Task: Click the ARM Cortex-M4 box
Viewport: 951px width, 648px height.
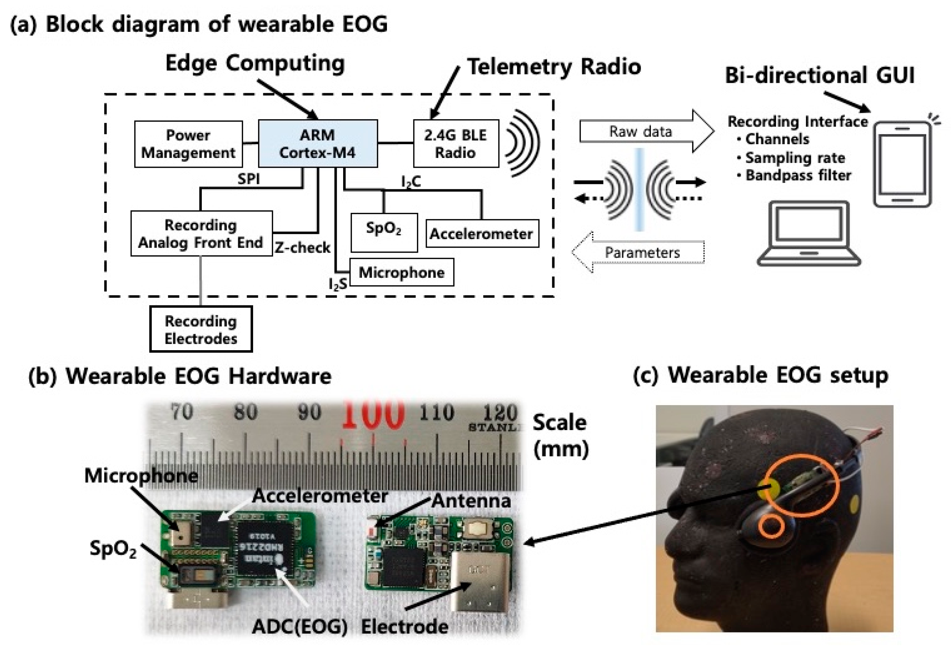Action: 317,143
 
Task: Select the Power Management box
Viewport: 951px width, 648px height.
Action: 188,144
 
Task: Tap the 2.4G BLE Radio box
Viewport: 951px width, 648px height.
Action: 456,143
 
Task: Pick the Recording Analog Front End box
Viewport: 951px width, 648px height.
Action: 201,233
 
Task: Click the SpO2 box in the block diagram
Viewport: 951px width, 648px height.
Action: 384,232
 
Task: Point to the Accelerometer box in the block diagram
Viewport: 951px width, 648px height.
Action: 482,233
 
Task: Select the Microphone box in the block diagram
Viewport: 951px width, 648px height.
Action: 401,272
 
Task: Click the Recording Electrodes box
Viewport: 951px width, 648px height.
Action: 201,329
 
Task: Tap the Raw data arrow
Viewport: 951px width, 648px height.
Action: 641,131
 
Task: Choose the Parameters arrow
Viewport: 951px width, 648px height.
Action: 641,252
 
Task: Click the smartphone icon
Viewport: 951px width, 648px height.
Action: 902,164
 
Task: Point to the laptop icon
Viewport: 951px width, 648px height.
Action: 809,233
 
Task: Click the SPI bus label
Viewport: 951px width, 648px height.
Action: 248,179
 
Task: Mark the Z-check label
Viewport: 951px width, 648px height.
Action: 302,248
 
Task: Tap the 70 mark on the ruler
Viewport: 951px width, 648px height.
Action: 181,412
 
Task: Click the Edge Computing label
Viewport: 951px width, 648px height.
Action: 255,63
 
